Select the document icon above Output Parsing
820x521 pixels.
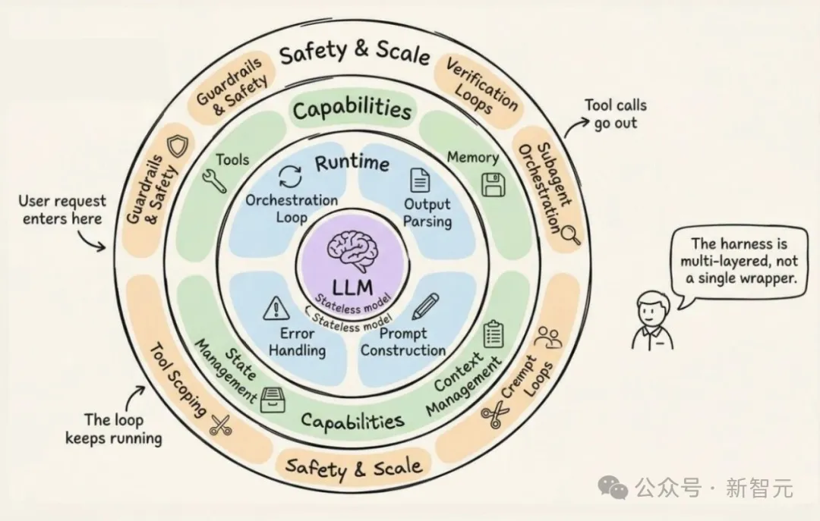[419, 180]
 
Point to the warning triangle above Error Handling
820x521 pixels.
[273, 309]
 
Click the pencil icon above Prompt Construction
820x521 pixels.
[426, 306]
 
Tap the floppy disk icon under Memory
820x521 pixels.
[494, 184]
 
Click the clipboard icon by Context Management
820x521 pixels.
[494, 334]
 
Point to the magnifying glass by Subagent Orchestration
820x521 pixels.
[569, 236]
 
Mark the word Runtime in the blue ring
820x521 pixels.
[352, 162]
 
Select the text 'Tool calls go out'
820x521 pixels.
[615, 114]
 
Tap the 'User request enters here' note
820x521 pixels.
[61, 210]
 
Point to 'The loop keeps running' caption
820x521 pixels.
[113, 428]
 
